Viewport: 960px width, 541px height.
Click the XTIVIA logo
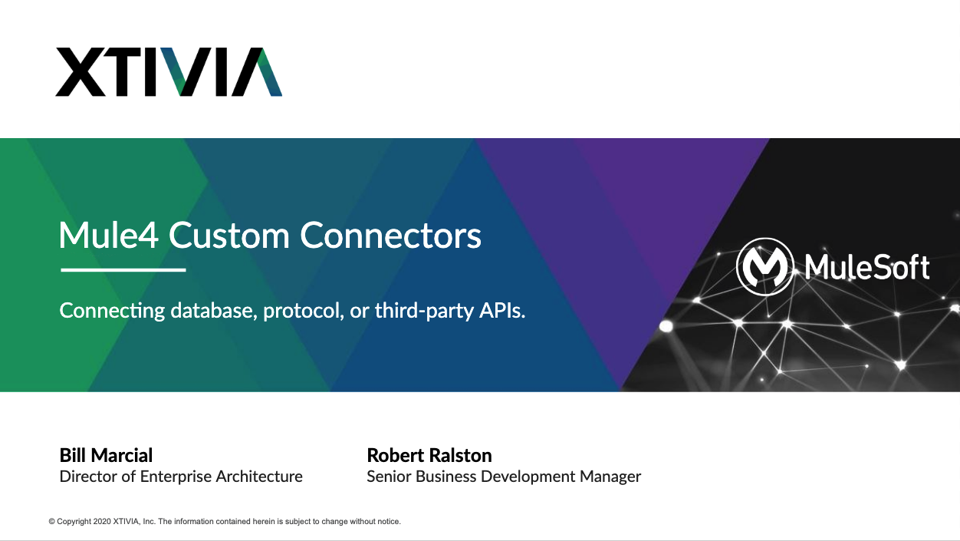[169, 71]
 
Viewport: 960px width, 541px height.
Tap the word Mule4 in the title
[108, 235]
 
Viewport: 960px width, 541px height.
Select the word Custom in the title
[229, 235]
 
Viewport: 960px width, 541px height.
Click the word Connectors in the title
[390, 235]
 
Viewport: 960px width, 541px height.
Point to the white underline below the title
[123, 270]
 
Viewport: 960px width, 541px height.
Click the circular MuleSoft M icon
[765, 266]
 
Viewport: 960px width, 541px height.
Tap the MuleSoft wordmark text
[867, 267]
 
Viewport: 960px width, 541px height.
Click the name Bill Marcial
[106, 455]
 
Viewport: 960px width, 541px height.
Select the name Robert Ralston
[429, 455]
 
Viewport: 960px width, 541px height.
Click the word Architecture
[259, 477]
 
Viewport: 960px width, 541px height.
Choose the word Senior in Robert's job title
[390, 477]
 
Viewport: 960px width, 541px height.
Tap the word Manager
[610, 477]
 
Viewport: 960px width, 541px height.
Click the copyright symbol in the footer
[52, 522]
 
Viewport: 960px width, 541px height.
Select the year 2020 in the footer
[102, 522]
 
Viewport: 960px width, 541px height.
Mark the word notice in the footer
[388, 522]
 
